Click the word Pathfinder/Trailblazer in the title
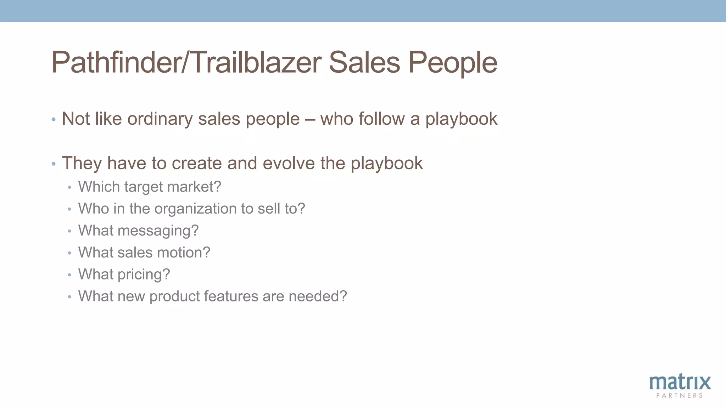tap(186, 63)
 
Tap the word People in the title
tap(453, 63)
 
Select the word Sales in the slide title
tap(364, 63)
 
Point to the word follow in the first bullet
tap(381, 118)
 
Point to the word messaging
tap(158, 231)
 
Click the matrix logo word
tap(680, 382)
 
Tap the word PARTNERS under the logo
tap(680, 396)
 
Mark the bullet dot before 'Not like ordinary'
tap(54, 119)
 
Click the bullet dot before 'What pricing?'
tap(69, 274)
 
